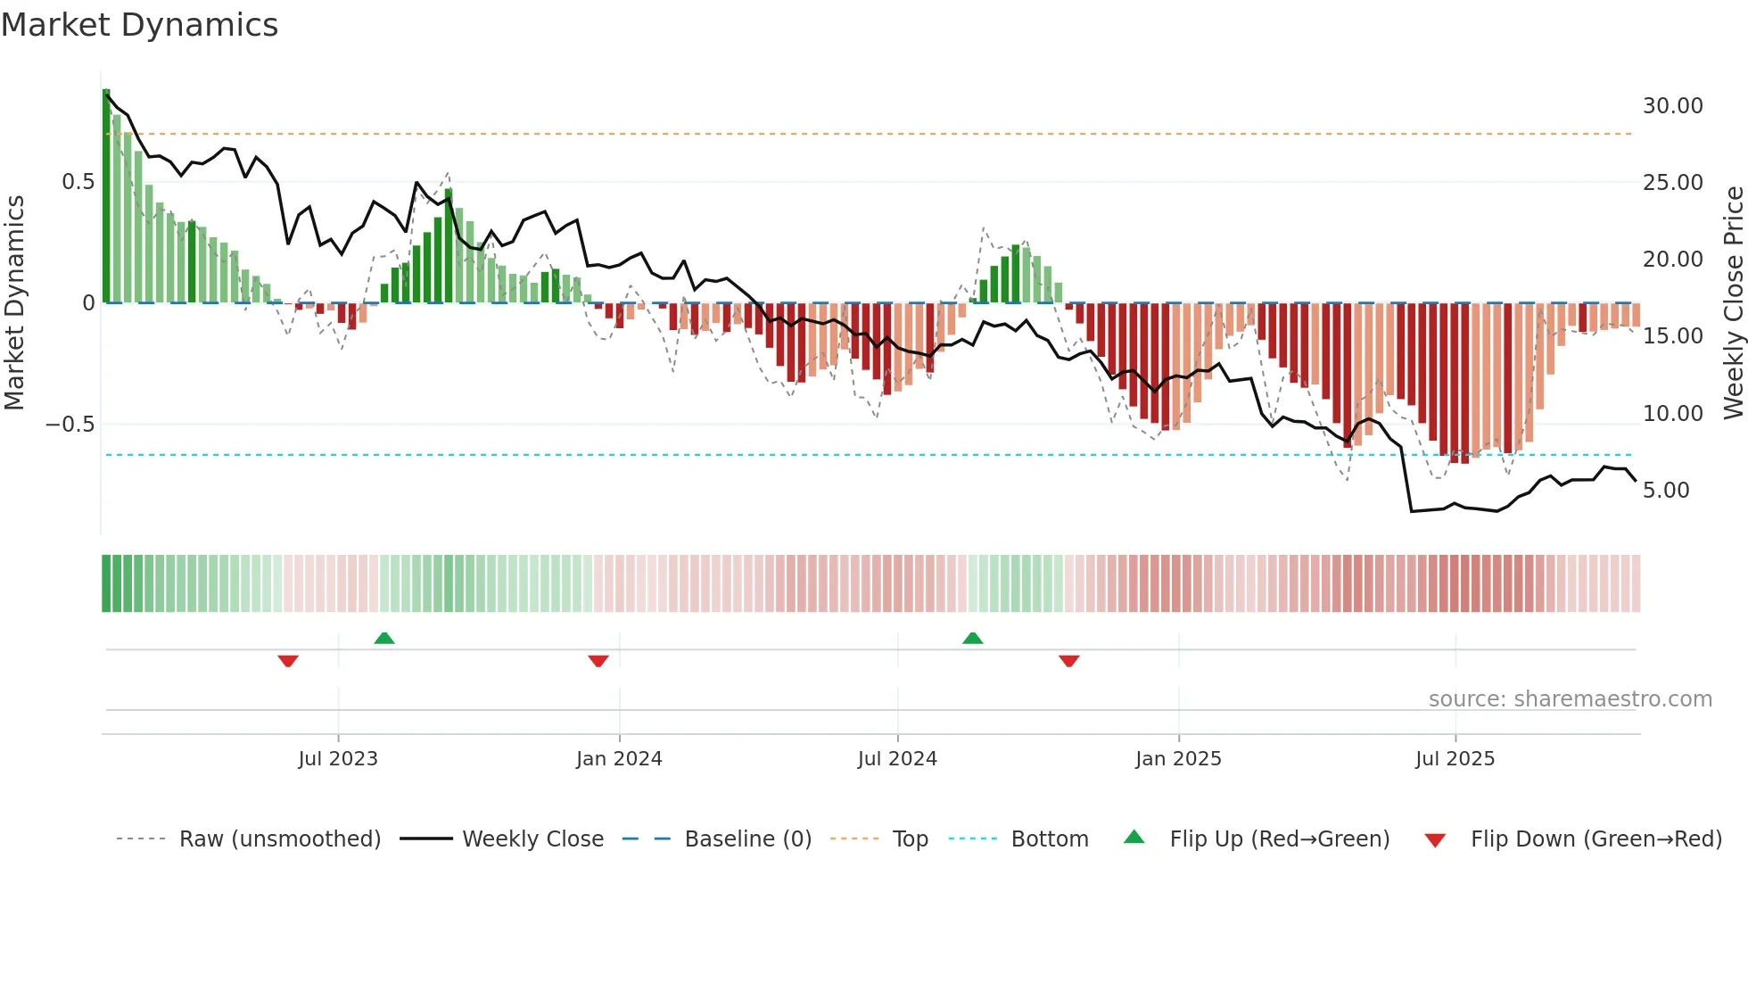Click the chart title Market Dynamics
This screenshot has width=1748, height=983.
pyautogui.click(x=139, y=25)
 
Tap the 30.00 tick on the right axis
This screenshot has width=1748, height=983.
pyautogui.click(x=1672, y=106)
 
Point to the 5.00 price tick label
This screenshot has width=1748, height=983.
pyautogui.click(x=1665, y=491)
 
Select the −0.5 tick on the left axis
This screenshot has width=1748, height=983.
pyautogui.click(x=70, y=425)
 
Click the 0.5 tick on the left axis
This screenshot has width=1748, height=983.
pyautogui.click(x=78, y=182)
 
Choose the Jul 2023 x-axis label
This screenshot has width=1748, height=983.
pyautogui.click(x=338, y=759)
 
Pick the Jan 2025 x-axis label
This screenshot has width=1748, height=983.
pyautogui.click(x=1178, y=759)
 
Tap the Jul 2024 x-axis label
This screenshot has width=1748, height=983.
pyautogui.click(x=897, y=759)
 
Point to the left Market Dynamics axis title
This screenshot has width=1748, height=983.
pyautogui.click(x=14, y=303)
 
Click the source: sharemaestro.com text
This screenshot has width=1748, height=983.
pyautogui.click(x=1570, y=699)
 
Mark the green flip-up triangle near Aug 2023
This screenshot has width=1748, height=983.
pyautogui.click(x=384, y=639)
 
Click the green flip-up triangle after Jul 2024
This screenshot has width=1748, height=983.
pyautogui.click(x=973, y=639)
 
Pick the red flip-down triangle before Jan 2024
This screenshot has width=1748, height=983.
pyautogui.click(x=598, y=661)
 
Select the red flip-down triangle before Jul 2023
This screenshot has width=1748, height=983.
pyautogui.click(x=288, y=661)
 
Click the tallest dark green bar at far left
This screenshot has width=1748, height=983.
pyautogui.click(x=106, y=196)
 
